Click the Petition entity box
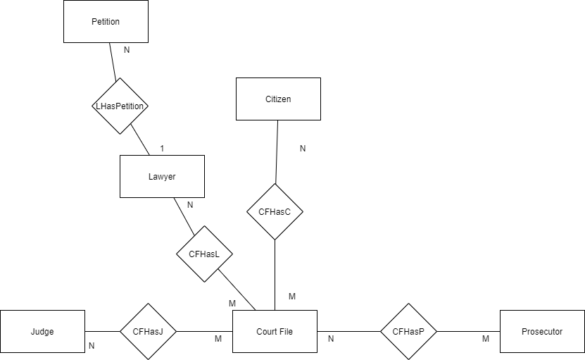[x=106, y=21]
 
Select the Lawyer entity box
[x=162, y=176]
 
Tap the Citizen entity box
[x=278, y=99]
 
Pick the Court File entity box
[x=275, y=331]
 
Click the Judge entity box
[x=42, y=331]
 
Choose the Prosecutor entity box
[x=542, y=331]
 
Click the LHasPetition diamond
[x=120, y=106]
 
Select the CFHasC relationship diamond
[x=275, y=211]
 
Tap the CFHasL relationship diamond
[x=204, y=254]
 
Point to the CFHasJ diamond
[x=148, y=331]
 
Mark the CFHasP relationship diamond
[x=408, y=331]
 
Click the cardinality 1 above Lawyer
[x=162, y=149]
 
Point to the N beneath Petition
[x=127, y=51]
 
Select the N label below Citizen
[x=303, y=149]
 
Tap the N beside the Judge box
[x=92, y=346]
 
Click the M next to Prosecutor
[x=486, y=339]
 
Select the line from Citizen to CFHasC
[x=276, y=151]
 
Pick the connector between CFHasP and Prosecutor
[x=468, y=331]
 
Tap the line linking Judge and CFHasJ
[x=102, y=331]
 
